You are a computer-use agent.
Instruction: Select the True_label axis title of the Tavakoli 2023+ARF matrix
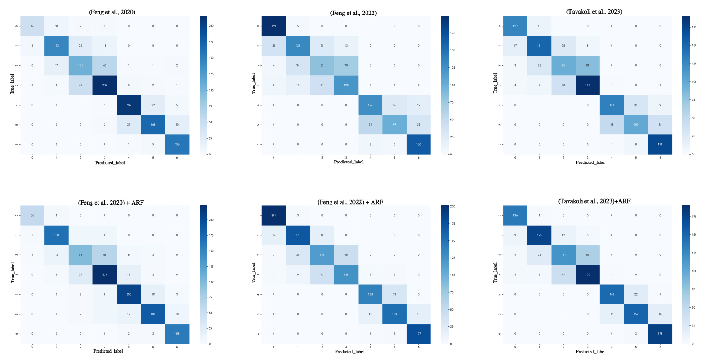point(495,275)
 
